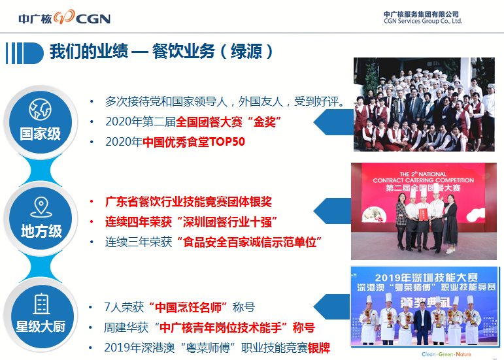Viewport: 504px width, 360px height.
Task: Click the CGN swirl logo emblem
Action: click(x=64, y=17)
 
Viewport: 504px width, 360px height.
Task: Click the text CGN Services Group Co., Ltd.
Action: click(x=423, y=21)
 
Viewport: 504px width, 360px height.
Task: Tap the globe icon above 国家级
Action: click(x=40, y=110)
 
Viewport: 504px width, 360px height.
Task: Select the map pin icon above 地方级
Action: click(x=41, y=207)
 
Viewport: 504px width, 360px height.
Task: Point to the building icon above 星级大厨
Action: click(x=41, y=303)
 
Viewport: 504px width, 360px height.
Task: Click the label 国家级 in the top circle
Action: click(x=40, y=133)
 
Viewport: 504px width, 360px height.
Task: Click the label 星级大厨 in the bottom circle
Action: click(x=41, y=327)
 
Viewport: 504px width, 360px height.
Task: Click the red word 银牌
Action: click(x=319, y=348)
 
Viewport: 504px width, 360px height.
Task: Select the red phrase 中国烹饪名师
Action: click(x=188, y=307)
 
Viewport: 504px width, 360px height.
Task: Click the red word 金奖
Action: click(x=265, y=122)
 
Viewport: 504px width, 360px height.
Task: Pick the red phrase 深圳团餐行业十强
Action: click(x=227, y=222)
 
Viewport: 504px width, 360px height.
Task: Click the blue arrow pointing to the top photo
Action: click(x=333, y=122)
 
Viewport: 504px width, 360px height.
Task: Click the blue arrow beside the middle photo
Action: click(x=332, y=211)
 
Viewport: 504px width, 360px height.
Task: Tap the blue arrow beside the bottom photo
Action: click(x=331, y=306)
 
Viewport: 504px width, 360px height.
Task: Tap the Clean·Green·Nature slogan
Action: click(x=446, y=354)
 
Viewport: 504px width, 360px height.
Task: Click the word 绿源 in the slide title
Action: click(x=246, y=52)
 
